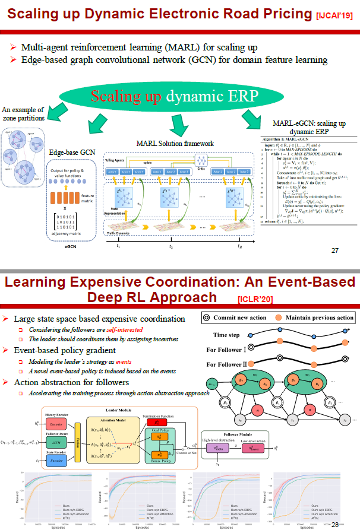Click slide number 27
(334, 250)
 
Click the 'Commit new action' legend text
(241, 318)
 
